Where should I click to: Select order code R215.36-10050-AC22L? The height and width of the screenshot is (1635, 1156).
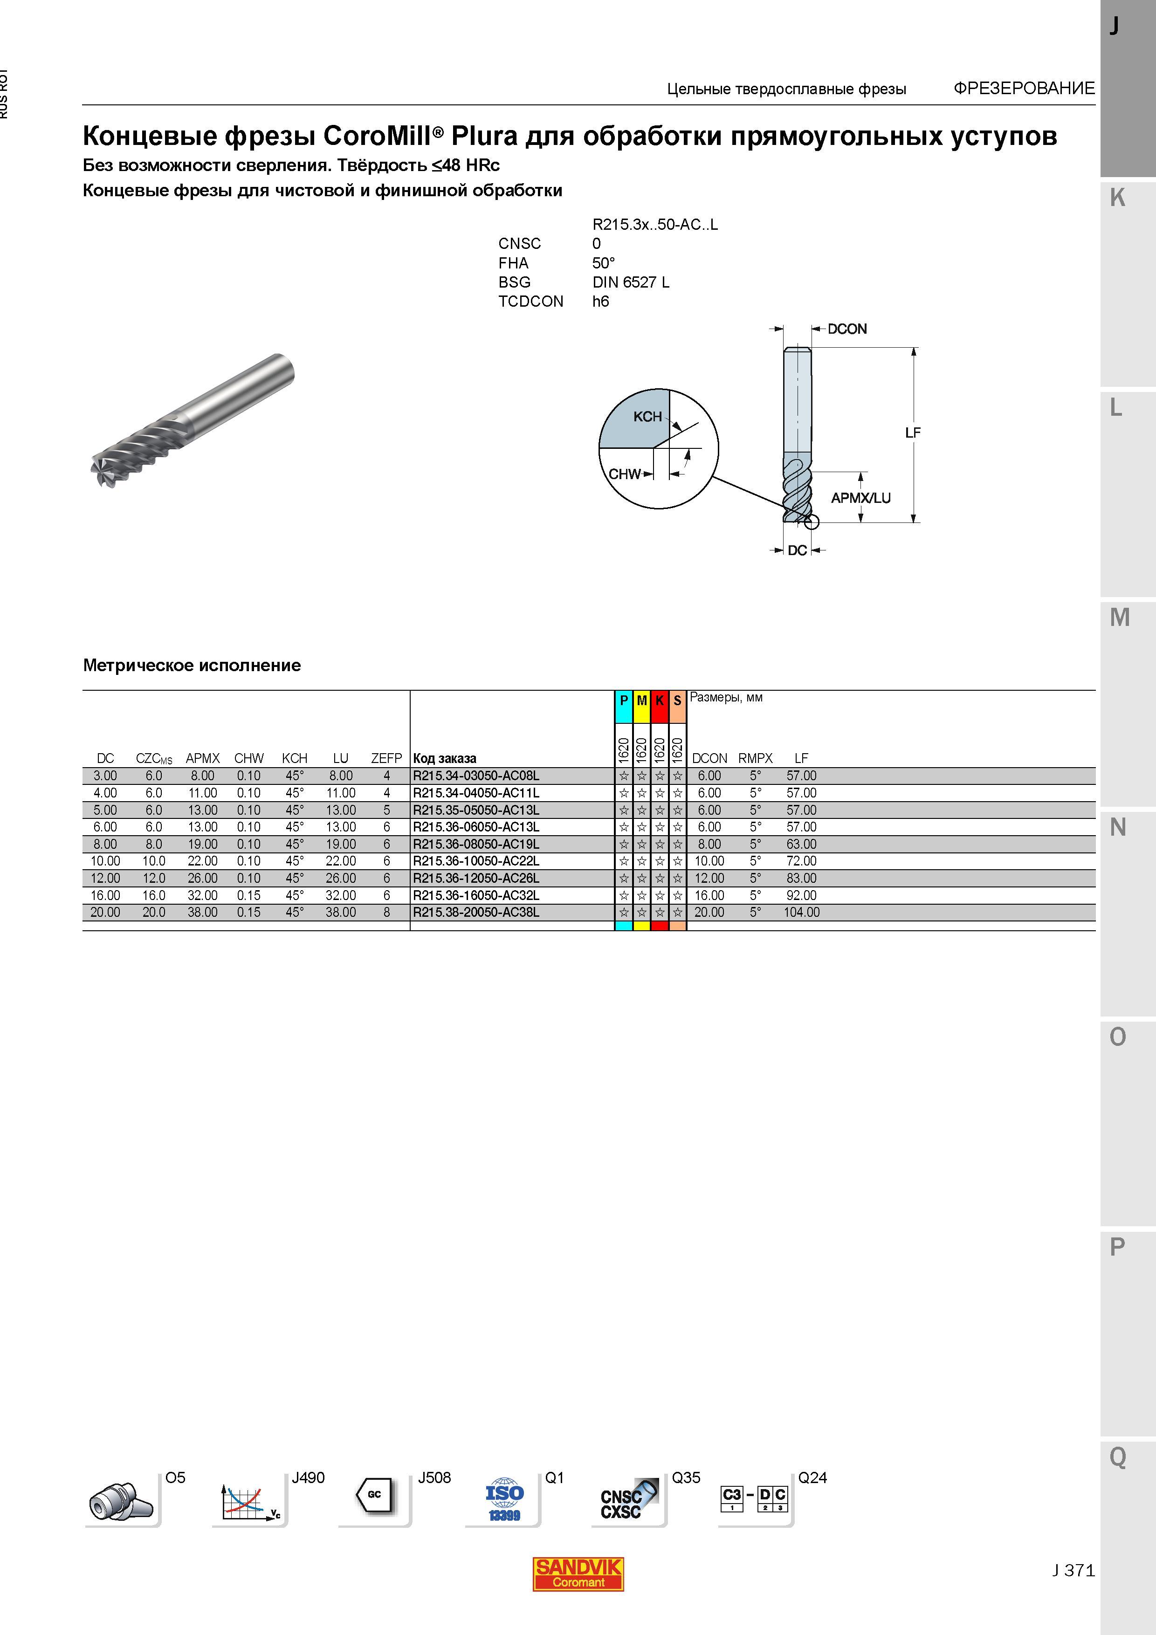coord(476,861)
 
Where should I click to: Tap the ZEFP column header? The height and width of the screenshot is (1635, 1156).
coord(387,758)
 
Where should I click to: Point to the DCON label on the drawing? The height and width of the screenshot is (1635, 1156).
coord(847,329)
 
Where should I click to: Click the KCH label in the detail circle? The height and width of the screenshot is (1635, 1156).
coord(647,417)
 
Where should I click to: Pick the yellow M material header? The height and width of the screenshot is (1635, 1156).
coord(642,701)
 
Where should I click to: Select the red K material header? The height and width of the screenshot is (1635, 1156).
coord(660,701)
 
